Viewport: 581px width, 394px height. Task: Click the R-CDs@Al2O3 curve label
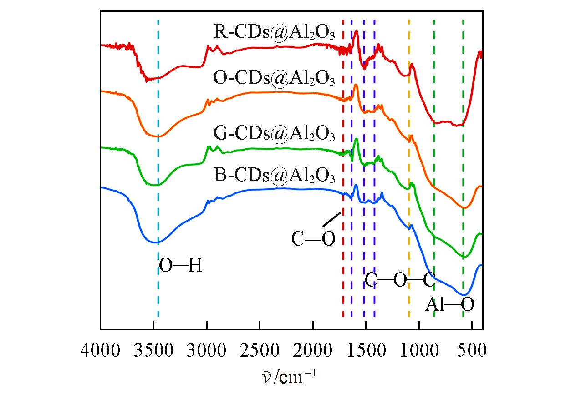pyautogui.click(x=275, y=34)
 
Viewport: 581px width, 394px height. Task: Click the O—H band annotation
pyautogui.click(x=180, y=266)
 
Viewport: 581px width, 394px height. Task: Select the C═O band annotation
pyautogui.click(x=313, y=238)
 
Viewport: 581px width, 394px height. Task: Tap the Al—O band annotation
pyautogui.click(x=450, y=305)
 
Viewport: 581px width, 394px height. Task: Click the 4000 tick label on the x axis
pyautogui.click(x=100, y=351)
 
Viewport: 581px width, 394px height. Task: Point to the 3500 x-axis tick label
pyautogui.click(x=154, y=351)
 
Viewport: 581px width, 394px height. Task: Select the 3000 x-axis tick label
pyautogui.click(x=207, y=351)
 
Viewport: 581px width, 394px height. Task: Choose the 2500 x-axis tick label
pyautogui.click(x=260, y=351)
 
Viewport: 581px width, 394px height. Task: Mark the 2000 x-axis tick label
pyautogui.click(x=313, y=351)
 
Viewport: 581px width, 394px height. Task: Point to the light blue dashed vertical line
pyautogui.click(x=158, y=282)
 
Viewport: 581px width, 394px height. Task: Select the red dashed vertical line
pyautogui.click(x=343, y=273)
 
